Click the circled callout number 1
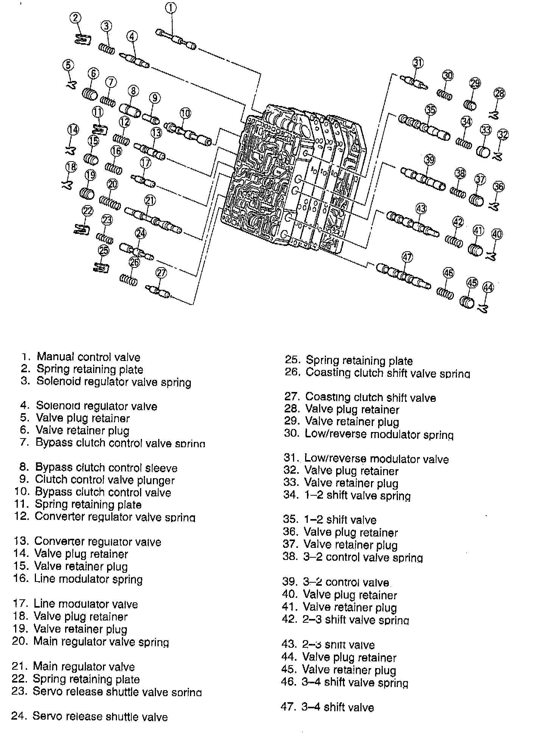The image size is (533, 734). (171, 8)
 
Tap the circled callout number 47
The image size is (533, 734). (407, 257)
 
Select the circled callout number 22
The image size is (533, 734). (87, 211)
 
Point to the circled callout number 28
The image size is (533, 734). (499, 93)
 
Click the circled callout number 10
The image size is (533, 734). (185, 113)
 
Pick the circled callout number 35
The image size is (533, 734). (430, 110)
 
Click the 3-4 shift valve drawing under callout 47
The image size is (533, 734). (403, 276)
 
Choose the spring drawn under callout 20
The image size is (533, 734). (110, 202)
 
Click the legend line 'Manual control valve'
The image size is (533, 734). (88, 357)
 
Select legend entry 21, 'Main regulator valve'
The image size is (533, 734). (84, 666)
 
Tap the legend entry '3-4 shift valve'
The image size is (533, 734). (337, 707)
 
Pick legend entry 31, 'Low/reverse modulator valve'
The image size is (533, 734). (376, 459)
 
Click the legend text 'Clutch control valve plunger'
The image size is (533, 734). (104, 480)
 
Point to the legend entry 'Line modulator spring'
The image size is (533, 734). (88, 579)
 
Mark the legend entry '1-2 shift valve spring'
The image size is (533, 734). (357, 495)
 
